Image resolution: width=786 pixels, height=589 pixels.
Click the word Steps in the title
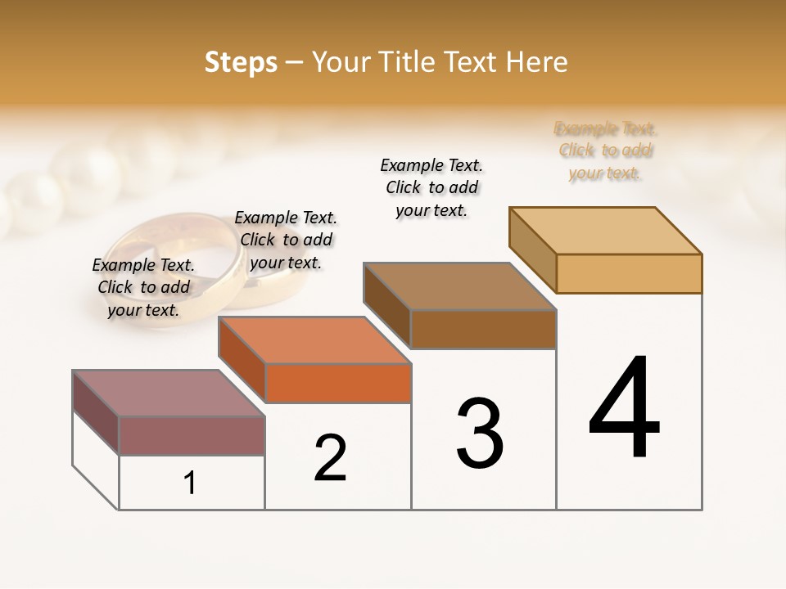[x=241, y=62]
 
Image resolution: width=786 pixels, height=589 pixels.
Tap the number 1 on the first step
[x=190, y=483]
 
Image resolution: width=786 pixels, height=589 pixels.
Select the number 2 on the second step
[x=330, y=459]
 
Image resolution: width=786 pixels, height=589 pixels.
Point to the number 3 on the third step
[x=480, y=434]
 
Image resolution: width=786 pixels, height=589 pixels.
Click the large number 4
[x=624, y=408]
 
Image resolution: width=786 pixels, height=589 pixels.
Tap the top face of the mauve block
[x=168, y=393]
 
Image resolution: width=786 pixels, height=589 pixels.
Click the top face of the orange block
[x=314, y=339]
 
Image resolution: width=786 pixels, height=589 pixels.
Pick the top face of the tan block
[x=606, y=230]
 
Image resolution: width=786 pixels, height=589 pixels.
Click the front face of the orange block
[x=338, y=383]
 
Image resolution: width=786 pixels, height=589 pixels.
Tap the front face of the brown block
[x=483, y=330]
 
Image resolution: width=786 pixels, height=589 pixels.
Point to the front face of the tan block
[x=629, y=273]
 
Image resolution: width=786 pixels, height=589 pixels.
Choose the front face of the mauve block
[x=192, y=435]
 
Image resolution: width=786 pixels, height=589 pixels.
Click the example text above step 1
[x=143, y=287]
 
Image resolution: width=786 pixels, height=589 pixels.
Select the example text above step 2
[x=286, y=240]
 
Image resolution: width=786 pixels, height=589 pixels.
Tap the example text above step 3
[x=431, y=187]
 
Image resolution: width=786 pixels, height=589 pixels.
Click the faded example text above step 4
[x=606, y=151]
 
